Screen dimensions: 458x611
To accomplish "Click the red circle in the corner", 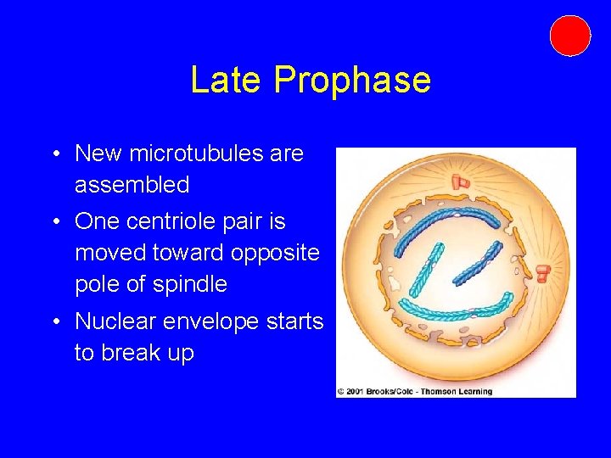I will pyautogui.click(x=569, y=36).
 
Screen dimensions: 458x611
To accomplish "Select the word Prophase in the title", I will pyautogui.click(x=352, y=81).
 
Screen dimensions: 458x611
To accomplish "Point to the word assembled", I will pyautogui.click(x=132, y=184).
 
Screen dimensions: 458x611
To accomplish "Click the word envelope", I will pyautogui.click(x=233, y=321).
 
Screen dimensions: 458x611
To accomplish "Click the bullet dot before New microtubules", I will pyautogui.click(x=53, y=154).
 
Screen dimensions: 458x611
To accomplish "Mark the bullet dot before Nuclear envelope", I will pyautogui.click(x=53, y=322).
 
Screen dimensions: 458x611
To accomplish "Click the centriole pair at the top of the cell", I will pyautogui.click(x=461, y=181).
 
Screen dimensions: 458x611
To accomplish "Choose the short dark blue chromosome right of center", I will pyautogui.click(x=479, y=263).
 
